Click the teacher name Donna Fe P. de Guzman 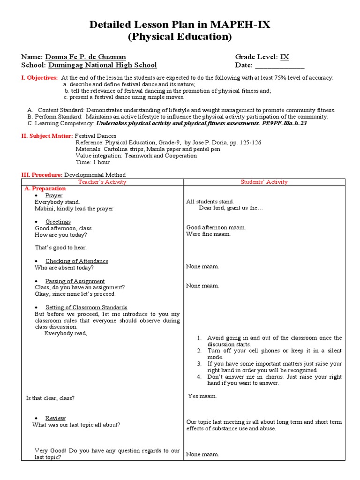pyautogui.click(x=85, y=57)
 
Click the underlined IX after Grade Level pyautogui.click(x=285, y=57)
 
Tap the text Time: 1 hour pyautogui.click(x=92, y=162)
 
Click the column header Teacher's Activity pyautogui.click(x=102, y=182)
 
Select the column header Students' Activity pyautogui.click(x=264, y=182)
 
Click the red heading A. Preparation pyautogui.click(x=45, y=188)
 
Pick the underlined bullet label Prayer pyautogui.click(x=54, y=195)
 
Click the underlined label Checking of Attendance pyautogui.click(x=77, y=261)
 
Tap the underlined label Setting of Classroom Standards pyautogui.click(x=86, y=307)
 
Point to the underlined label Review pyautogui.click(x=55, y=418)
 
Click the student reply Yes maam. pyautogui.click(x=202, y=396)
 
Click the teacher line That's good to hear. pyautogui.click(x=61, y=247)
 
